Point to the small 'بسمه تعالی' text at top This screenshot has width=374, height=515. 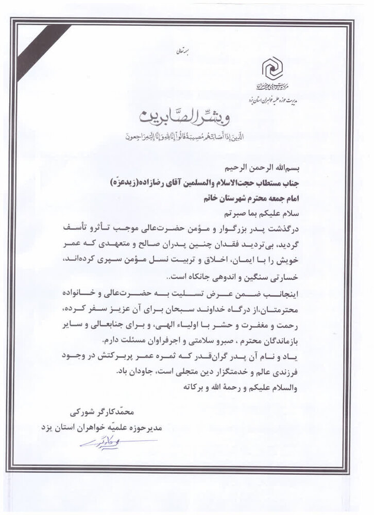(x=181, y=51)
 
